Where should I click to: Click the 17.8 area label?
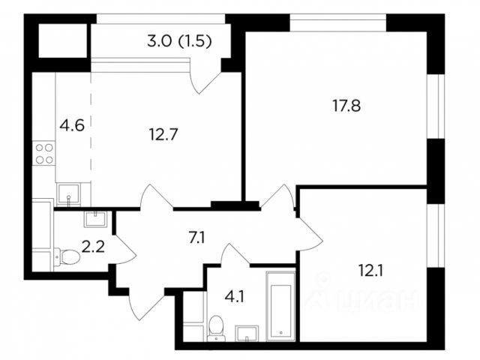(346, 106)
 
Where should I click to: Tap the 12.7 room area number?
(163, 134)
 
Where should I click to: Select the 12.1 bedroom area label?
(370, 271)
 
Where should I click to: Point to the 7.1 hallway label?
(196, 238)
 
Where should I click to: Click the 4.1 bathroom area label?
(235, 296)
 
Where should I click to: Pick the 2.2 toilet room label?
(93, 247)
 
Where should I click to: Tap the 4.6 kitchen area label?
(72, 125)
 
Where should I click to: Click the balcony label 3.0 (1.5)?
(179, 41)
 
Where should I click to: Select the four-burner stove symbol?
(44, 154)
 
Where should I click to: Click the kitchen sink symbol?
(68, 193)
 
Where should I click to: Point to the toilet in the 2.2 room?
(67, 256)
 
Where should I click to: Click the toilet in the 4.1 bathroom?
(217, 328)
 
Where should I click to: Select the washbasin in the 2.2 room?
(96, 219)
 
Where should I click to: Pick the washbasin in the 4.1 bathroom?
(247, 333)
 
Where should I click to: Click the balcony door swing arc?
(205, 80)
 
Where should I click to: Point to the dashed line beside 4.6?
(91, 139)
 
